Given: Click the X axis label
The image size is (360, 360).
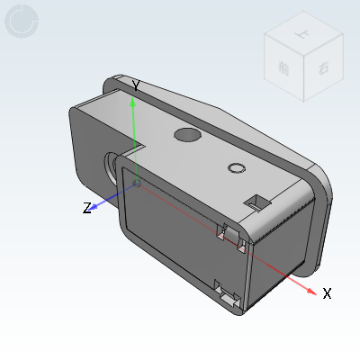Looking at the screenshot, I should (x=328, y=293).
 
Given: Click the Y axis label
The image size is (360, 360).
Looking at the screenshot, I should (x=135, y=85).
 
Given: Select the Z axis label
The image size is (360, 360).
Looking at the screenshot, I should (x=87, y=208).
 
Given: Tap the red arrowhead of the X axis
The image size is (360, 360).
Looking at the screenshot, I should (x=310, y=290).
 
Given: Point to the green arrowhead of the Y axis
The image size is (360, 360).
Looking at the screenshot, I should (x=133, y=102).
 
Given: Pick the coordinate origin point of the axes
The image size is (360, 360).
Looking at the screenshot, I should (x=136, y=183).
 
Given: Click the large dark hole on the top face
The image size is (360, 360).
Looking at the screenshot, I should (x=186, y=135).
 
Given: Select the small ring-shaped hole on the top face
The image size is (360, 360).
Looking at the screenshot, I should (x=237, y=168).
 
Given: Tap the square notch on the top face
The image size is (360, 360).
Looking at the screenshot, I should (x=257, y=201).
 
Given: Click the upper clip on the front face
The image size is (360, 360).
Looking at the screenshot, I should (x=229, y=235).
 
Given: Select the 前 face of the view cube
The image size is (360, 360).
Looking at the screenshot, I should (x=283, y=67).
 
